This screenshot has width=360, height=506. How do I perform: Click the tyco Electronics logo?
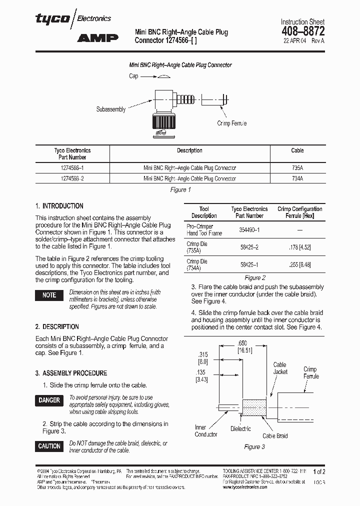pyautogui.click(x=73, y=18)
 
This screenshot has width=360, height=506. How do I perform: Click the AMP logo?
pyautogui.click(x=97, y=37)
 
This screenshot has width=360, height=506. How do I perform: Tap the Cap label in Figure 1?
pyautogui.click(x=133, y=76)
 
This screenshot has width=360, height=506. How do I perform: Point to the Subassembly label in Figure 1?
pyautogui.click(x=111, y=109)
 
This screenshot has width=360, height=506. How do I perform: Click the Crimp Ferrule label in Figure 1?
pyautogui.click(x=231, y=123)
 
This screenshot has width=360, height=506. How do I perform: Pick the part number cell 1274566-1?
pyautogui.click(x=72, y=168)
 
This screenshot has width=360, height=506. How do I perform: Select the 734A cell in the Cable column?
pyautogui.click(x=297, y=178)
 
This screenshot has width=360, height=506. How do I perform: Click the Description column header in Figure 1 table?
pyautogui.click(x=189, y=150)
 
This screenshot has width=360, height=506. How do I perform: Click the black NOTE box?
pyautogui.click(x=49, y=295)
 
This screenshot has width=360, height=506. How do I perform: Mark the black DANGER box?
pyautogui.click(x=49, y=400)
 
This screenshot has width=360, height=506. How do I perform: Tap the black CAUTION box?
pyautogui.click(x=49, y=446)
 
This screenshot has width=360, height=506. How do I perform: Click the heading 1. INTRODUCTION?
pyautogui.click(x=59, y=206)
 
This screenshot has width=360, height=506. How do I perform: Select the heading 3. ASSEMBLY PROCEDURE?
pyautogui.click(x=71, y=373)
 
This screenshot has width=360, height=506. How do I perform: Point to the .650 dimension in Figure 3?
pyautogui.click(x=242, y=344)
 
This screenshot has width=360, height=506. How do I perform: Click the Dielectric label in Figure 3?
pyautogui.click(x=240, y=428)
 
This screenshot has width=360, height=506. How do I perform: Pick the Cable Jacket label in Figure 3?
pyautogui.click(x=280, y=368)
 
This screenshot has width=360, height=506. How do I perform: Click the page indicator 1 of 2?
pyautogui.click(x=319, y=471)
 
